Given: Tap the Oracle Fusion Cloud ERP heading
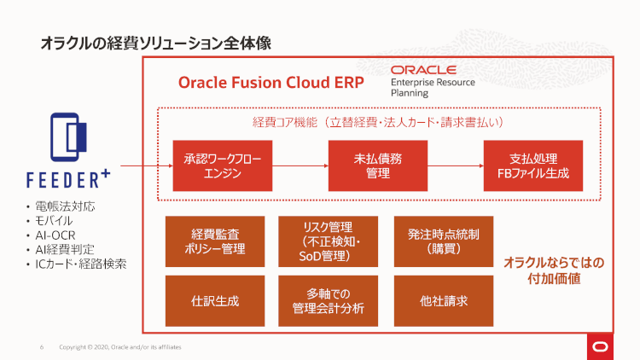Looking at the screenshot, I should pos(271,83).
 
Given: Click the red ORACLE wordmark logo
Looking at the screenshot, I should pos(423,70).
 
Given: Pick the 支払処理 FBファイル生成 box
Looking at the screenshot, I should pos(532,165).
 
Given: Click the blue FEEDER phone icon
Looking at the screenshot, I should pos(68,136).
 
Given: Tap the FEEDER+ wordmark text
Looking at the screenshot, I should pos(68,179).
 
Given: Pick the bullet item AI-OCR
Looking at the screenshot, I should pos(58,235).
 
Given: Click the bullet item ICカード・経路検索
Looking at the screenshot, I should pos(81,264).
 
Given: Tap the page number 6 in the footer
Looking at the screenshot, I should pos(42,347).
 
